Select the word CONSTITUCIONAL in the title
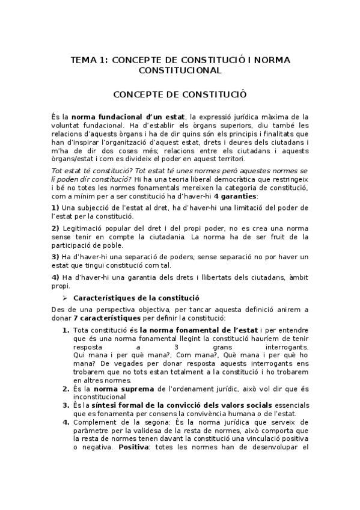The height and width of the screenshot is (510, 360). (x=180, y=70)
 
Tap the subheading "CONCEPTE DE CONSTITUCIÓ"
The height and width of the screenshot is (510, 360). (x=180, y=94)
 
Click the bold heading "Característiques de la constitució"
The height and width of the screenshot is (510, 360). (x=136, y=298)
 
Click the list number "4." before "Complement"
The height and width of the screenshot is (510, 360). (x=66, y=422)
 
